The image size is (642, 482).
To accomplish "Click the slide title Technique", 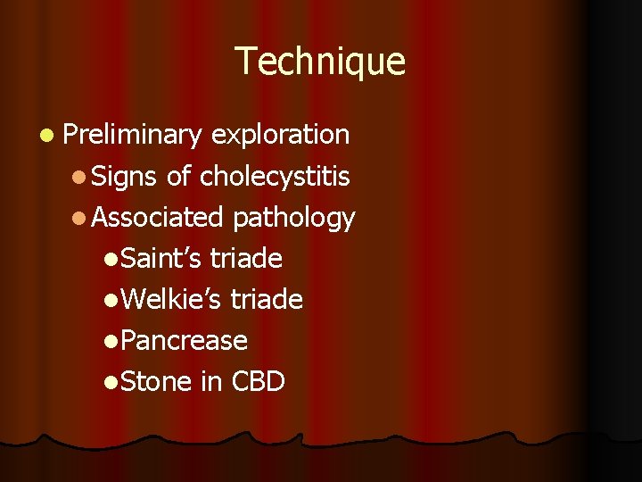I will pyautogui.click(x=320, y=62).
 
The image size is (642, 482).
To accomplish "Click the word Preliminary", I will pyautogui.click(x=133, y=136).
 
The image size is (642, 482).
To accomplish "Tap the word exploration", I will pyautogui.click(x=281, y=136).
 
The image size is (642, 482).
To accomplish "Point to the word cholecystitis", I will pyautogui.click(x=275, y=177).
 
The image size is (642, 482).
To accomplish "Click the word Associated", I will pyautogui.click(x=157, y=217).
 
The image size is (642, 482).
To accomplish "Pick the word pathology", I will pyautogui.click(x=293, y=217).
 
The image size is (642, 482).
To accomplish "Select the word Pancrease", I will pyautogui.click(x=184, y=341).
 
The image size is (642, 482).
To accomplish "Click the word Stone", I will pyautogui.click(x=155, y=382).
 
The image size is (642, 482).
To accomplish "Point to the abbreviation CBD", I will pyautogui.click(x=258, y=382).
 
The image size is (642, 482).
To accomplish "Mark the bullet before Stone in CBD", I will pyautogui.click(x=110, y=383).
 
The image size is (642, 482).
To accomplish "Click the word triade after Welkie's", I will pyautogui.click(x=267, y=300).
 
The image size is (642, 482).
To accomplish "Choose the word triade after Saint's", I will pyautogui.click(x=246, y=259).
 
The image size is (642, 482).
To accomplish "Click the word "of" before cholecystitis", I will pyautogui.click(x=178, y=177).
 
